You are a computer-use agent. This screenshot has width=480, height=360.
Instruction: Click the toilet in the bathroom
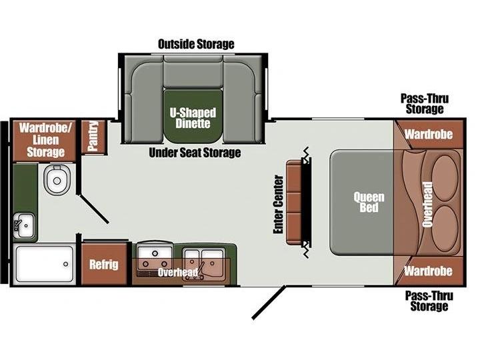(57, 180)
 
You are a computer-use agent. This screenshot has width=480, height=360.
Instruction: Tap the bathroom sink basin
(24, 226)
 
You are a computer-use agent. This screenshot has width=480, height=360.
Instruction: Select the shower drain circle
(65, 264)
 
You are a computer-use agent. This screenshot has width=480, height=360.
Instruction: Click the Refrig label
(104, 265)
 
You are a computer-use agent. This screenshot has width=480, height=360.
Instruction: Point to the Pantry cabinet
(94, 137)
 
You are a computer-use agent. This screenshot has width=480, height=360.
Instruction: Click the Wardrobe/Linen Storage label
(45, 140)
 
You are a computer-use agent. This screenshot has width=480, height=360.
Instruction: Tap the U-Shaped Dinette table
(193, 116)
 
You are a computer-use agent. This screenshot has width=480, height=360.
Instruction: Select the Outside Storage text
(196, 44)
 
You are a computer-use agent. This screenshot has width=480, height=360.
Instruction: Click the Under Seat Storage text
(195, 153)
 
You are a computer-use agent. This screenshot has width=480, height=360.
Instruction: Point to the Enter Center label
(278, 204)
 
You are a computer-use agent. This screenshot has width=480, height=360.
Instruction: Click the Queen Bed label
(369, 202)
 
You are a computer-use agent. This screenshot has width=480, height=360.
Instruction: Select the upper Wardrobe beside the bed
(429, 135)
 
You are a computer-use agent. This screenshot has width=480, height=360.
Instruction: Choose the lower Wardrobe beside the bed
(429, 271)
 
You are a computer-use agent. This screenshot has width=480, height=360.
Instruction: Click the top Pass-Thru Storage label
(425, 104)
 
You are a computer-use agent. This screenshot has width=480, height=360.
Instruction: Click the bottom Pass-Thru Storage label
(429, 301)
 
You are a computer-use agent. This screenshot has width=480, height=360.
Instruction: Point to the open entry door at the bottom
(269, 303)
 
